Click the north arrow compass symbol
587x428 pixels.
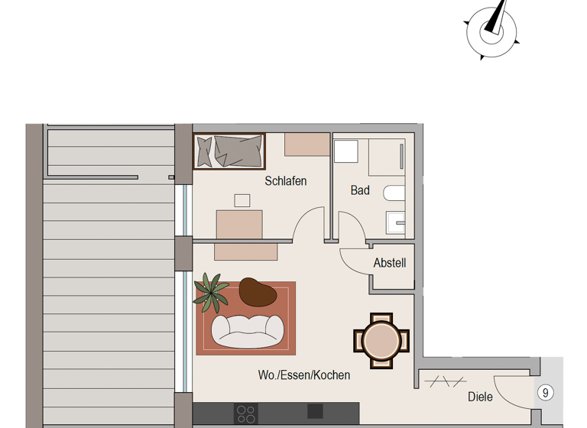(x=491, y=31)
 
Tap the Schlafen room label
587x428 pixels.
(x=286, y=181)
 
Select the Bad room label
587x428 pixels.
(x=360, y=190)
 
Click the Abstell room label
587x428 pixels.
(x=390, y=263)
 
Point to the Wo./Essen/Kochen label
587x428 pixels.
(x=304, y=375)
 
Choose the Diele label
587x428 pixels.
(x=480, y=397)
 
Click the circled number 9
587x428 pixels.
(x=545, y=393)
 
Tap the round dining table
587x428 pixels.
(x=381, y=339)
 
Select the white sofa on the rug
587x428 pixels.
(x=247, y=329)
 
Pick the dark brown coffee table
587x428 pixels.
(x=258, y=291)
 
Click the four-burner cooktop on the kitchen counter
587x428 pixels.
(x=246, y=414)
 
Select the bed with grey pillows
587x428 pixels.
(x=229, y=151)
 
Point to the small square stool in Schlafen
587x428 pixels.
(x=242, y=201)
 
